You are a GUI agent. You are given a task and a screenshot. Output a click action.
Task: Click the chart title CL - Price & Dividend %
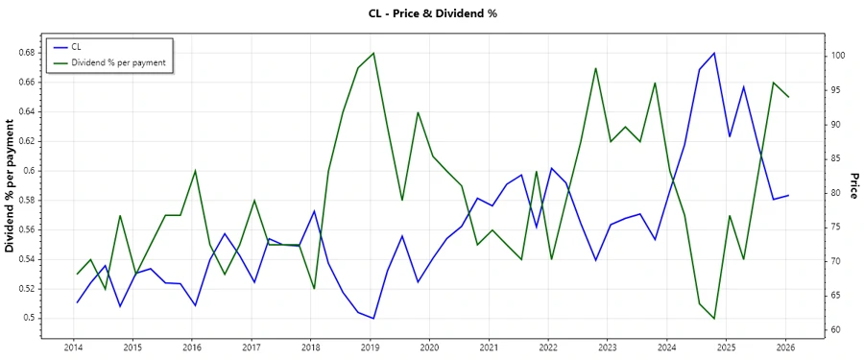(431, 13)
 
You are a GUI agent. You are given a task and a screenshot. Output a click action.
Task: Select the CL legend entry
(78, 46)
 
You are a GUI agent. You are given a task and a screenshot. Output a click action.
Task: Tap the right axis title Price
(852, 186)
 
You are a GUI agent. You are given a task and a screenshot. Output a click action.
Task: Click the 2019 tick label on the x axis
(370, 347)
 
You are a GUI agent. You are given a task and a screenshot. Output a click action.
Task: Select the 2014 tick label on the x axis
(73, 347)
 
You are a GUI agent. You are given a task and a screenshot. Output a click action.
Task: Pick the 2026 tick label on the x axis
(785, 347)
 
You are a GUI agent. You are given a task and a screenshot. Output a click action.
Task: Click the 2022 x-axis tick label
(548, 347)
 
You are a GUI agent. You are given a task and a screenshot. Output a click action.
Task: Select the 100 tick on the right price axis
(838, 56)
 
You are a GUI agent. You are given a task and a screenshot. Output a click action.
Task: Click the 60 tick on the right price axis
(836, 330)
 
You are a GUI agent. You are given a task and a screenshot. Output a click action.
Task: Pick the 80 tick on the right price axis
(836, 193)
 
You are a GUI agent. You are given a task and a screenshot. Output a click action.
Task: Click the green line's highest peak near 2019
(373, 53)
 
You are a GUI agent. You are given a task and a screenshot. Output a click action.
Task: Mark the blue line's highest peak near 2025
(714, 53)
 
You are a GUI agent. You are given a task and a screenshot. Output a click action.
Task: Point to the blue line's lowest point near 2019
(373, 318)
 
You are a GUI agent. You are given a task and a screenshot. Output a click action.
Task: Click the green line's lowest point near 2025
(714, 318)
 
